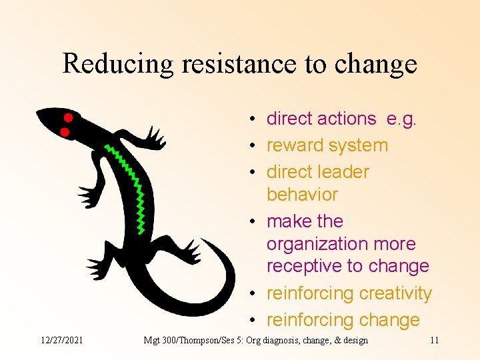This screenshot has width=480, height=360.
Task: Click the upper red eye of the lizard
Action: point(68,117)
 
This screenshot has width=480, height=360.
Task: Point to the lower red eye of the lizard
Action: point(65,133)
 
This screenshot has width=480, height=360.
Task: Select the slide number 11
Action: point(435,341)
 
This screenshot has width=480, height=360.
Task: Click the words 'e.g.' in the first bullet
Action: point(401,119)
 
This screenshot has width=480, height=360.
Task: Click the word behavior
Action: point(302,195)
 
